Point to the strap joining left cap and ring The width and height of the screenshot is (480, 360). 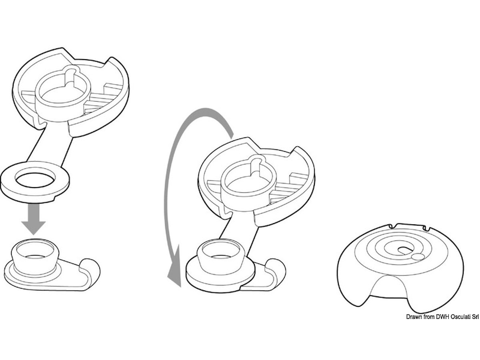click(50, 146)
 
